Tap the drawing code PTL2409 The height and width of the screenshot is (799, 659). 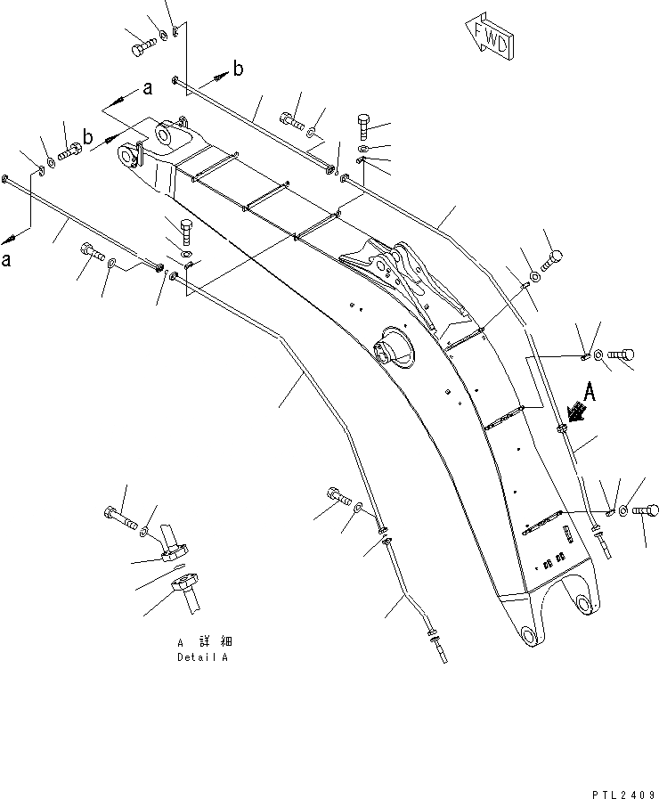[x=622, y=791]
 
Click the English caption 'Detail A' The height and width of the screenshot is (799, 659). [x=202, y=657]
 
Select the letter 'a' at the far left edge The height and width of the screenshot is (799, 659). [x=7, y=260]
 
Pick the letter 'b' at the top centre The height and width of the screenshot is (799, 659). [x=238, y=67]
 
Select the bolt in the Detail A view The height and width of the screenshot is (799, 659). [x=119, y=515]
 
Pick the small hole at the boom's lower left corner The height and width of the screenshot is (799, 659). [x=531, y=636]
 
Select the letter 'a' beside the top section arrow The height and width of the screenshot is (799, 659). [x=147, y=87]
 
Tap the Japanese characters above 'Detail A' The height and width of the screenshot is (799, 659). [x=204, y=641]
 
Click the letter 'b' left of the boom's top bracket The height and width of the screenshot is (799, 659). [x=88, y=135]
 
